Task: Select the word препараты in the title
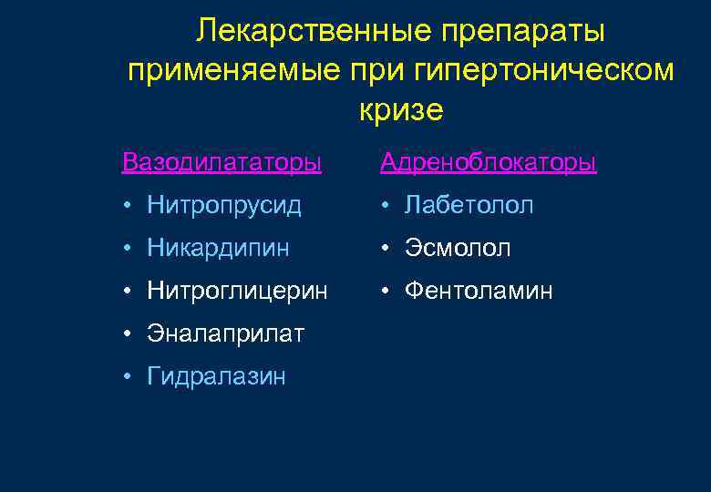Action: pos(523,32)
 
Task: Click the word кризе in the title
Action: pos(401,110)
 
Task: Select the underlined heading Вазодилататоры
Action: pos(222,163)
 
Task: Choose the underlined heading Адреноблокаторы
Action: pos(488,163)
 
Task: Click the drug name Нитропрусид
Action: pos(223,206)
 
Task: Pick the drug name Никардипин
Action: pos(220,248)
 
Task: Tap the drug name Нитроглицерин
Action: pos(237,291)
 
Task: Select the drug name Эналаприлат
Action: pos(225,333)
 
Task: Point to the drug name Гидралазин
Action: pos(216,375)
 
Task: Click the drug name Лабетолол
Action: pos(469,206)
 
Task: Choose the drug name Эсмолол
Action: pos(458,248)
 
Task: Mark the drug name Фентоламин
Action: pos(479,291)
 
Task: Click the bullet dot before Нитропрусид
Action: pos(128,207)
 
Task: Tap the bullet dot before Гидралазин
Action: pos(128,376)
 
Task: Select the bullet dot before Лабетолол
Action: pos(386,207)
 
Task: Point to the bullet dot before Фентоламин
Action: pos(386,292)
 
